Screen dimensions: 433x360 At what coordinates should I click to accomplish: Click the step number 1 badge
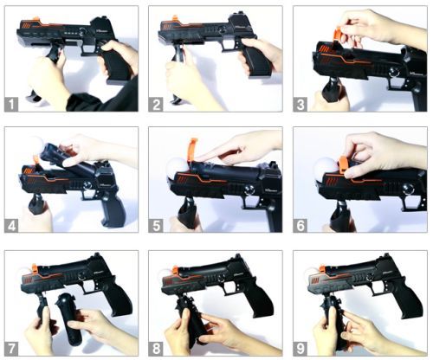pos(11,104)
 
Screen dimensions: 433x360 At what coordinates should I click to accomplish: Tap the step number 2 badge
pos(156,104)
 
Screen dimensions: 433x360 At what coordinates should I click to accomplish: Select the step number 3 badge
pos(300,104)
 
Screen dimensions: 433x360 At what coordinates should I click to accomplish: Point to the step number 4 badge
pos(11,225)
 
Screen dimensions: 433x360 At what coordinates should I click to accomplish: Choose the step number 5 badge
pos(156,225)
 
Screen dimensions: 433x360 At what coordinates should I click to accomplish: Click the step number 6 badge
pos(300,225)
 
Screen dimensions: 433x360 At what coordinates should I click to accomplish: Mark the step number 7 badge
pos(11,349)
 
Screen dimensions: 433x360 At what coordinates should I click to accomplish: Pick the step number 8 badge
pos(156,349)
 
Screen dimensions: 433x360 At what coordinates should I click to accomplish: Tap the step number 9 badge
pos(300,349)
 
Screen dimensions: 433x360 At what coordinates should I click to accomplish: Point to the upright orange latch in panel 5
pos(191,150)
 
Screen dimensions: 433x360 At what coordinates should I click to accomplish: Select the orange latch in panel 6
pos(344,164)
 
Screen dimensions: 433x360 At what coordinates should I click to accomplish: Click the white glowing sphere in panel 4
pos(36,145)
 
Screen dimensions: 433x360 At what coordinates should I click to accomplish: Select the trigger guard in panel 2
pos(230,46)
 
